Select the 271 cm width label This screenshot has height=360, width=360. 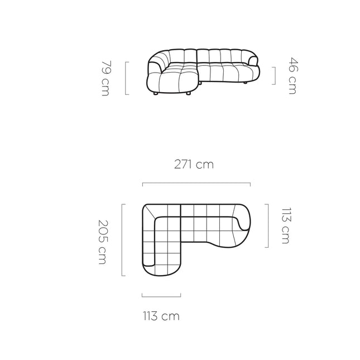click(x=193, y=165)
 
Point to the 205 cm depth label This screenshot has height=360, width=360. click(x=102, y=241)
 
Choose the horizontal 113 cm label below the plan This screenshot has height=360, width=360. click(x=160, y=316)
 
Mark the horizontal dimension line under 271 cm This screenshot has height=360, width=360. click(x=196, y=183)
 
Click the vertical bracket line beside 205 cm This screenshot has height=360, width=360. click(x=122, y=241)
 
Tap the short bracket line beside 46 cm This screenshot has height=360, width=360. click(x=275, y=75)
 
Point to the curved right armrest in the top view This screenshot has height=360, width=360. click(x=244, y=222)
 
